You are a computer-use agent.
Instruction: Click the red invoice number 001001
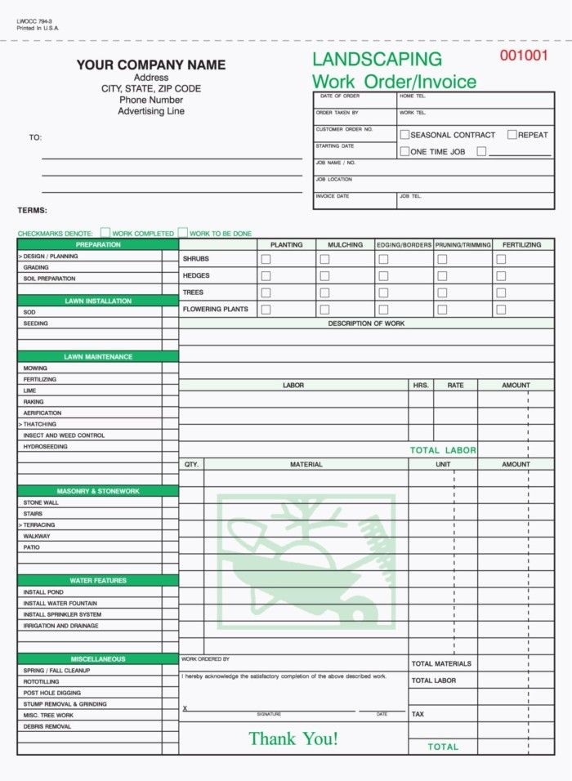point(523,56)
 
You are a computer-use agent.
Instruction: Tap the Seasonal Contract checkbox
point(404,135)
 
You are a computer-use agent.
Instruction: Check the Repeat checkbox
point(512,135)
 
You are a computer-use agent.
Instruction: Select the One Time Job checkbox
point(404,151)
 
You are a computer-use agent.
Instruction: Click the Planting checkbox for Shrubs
point(266,259)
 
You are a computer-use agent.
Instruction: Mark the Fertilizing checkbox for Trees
point(501,292)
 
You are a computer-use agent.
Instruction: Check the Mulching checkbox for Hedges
point(324,276)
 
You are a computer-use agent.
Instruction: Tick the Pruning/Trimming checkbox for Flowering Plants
point(442,310)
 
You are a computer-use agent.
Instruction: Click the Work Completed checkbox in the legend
point(105,233)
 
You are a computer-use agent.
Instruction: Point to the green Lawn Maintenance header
point(98,357)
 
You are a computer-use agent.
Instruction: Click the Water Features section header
point(98,581)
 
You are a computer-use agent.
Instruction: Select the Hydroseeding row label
point(46,447)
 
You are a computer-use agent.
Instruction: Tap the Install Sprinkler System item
point(62,614)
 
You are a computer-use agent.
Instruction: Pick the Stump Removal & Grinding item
point(65,704)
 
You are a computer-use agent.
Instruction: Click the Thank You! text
point(293,739)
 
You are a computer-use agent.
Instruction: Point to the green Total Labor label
point(443,450)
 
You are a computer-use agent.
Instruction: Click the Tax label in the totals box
point(418,714)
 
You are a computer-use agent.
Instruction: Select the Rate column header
point(455,385)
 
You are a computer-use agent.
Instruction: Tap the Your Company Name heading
point(151,65)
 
